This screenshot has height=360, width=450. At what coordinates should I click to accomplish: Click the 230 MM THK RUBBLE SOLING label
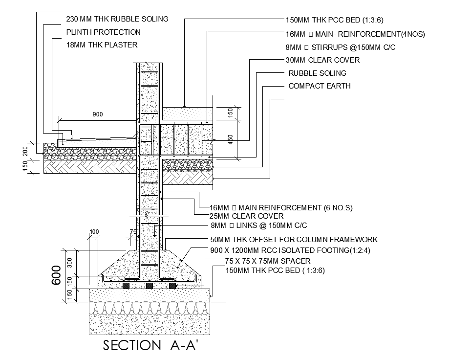click(x=117, y=19)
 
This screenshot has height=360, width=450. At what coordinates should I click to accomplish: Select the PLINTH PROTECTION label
click(x=103, y=32)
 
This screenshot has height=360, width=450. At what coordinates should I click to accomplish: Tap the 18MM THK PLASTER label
click(x=102, y=45)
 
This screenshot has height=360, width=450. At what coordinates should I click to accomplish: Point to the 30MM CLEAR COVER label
click(x=322, y=60)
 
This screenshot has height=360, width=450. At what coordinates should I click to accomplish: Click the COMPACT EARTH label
click(x=320, y=86)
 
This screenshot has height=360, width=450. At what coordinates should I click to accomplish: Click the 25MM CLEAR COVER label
click(x=246, y=216)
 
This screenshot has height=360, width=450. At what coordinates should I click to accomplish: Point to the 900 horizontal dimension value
click(x=98, y=114)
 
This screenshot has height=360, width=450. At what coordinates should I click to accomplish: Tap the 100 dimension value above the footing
click(x=94, y=231)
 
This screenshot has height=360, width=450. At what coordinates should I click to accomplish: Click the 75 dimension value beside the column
click(x=132, y=231)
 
